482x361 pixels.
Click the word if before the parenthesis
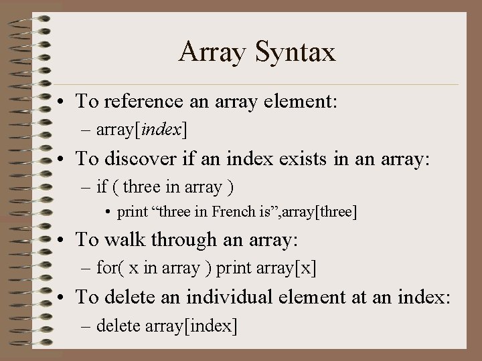102,187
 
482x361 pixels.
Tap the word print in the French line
132,213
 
